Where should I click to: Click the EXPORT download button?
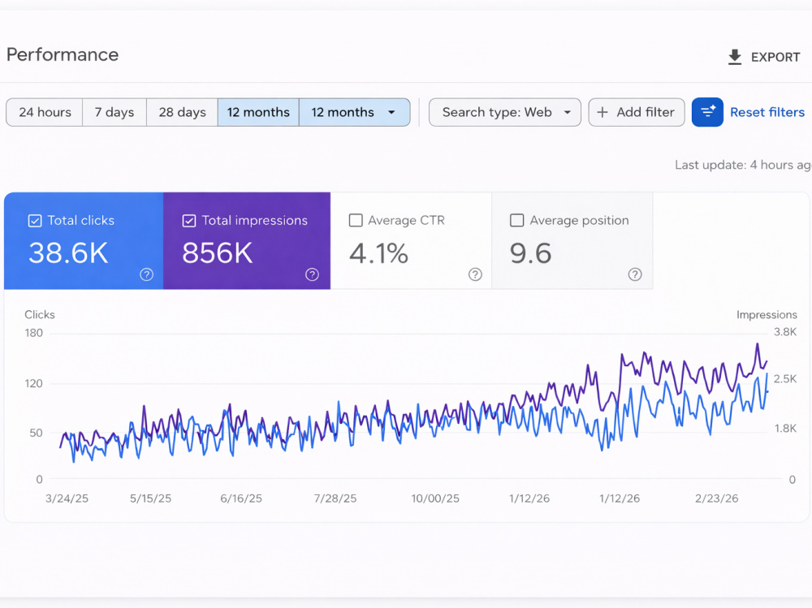click(764, 57)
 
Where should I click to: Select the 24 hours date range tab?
click(45, 112)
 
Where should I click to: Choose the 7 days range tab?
click(114, 112)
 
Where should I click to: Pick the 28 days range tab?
click(182, 112)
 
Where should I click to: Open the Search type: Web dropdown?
click(505, 112)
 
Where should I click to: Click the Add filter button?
click(637, 112)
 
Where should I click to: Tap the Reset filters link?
click(767, 112)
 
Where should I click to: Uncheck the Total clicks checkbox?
click(35, 221)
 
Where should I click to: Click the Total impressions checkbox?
click(189, 221)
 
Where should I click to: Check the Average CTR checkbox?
click(356, 221)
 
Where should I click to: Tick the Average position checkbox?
click(516, 221)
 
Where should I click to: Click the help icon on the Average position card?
click(635, 274)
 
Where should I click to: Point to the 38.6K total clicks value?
click(68, 253)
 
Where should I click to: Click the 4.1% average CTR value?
click(378, 253)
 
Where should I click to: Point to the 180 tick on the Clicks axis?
click(33, 333)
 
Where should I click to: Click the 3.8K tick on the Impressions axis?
click(785, 332)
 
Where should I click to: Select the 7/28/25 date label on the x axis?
click(335, 498)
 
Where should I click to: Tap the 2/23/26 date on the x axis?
click(717, 498)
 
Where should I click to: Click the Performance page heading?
click(63, 55)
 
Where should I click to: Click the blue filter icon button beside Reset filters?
click(707, 112)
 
